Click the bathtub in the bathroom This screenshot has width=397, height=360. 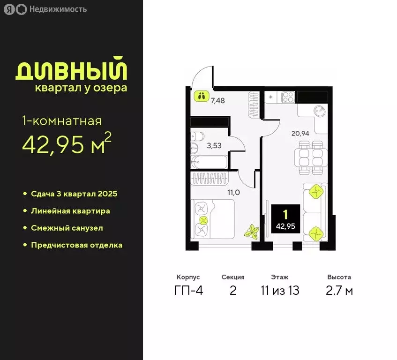click(x=210, y=164)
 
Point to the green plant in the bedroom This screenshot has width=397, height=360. click(x=252, y=232)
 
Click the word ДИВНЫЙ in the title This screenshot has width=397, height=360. click(x=72, y=69)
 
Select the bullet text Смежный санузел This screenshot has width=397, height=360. click(x=67, y=228)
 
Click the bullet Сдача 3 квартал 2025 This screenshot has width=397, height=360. click(x=74, y=194)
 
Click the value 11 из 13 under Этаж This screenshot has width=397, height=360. click(x=279, y=291)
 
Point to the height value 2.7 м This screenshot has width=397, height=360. click(x=339, y=291)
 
